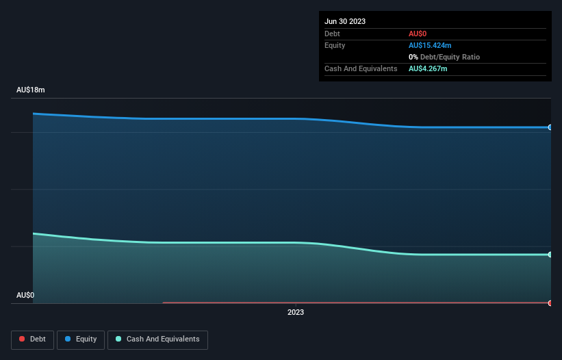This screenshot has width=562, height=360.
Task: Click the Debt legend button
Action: coord(34,339)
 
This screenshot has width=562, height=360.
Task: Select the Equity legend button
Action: coord(81,339)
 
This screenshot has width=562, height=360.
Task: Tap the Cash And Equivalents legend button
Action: coord(157,339)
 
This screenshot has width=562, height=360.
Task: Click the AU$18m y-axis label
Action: coord(30,90)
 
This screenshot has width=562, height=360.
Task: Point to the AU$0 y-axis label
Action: coord(25,295)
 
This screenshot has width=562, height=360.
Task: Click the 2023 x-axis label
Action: coord(296,312)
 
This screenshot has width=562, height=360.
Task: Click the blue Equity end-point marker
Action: coord(550,127)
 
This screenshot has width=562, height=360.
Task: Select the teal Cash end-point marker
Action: coord(550,255)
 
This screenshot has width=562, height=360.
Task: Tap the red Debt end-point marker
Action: coord(550,303)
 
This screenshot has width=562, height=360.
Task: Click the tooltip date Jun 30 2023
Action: coord(345,21)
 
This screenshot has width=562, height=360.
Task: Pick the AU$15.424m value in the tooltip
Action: coord(430,45)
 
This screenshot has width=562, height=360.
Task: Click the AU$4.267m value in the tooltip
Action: coord(428,68)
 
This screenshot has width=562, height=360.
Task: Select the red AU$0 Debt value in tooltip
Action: coord(418,34)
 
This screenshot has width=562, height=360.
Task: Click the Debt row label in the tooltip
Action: coord(332,34)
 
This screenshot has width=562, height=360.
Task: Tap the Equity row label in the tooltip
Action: coord(335,45)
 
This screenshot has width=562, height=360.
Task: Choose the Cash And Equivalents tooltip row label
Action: coord(361,68)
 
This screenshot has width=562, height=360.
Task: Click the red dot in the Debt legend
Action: coord(22,339)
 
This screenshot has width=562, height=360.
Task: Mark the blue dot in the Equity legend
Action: coord(68,339)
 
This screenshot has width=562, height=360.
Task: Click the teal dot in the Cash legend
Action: coord(119,339)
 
